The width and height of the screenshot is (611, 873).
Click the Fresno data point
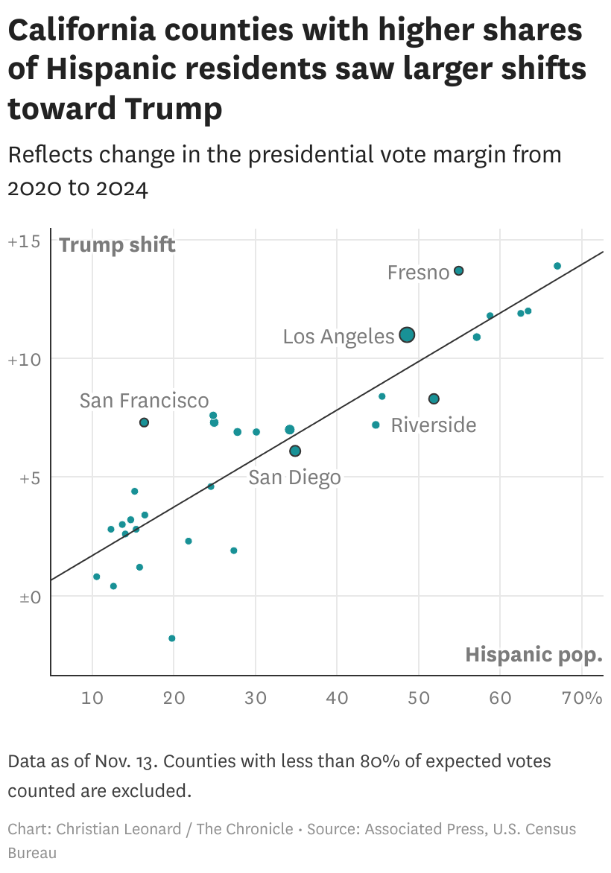coord(459,270)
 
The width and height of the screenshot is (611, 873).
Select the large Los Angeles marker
coord(407,335)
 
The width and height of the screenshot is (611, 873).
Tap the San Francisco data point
coord(144,422)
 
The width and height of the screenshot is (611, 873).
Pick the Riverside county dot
coord(434,399)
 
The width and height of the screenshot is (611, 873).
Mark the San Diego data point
coord(295,451)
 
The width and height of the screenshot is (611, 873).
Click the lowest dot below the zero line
coord(172,638)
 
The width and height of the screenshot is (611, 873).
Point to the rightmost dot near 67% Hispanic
coord(557,266)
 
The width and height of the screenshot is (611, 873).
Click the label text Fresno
coord(418,273)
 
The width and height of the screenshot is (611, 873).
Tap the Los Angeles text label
coord(338,337)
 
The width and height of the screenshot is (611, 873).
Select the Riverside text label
coord(434,425)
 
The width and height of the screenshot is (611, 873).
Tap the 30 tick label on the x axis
coord(256,698)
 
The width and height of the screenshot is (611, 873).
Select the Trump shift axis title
coord(117,244)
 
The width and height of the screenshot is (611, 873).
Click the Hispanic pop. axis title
coord(534,655)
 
